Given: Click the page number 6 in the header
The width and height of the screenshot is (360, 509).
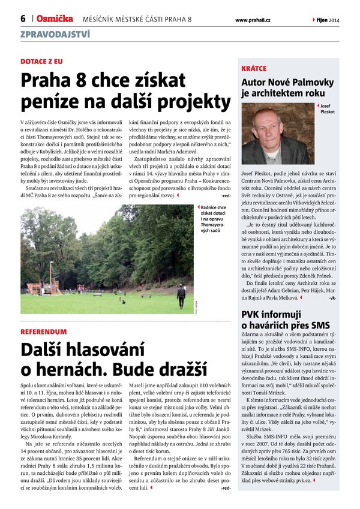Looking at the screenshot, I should point(23,19).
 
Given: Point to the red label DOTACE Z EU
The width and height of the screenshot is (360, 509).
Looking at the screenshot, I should point(41,61).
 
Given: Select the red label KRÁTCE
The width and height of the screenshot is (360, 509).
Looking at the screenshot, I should point(254,69).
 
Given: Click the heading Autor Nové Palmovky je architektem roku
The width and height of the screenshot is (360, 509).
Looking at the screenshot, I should point(286,88).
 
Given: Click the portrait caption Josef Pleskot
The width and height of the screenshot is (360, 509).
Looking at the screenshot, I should point(328,109).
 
